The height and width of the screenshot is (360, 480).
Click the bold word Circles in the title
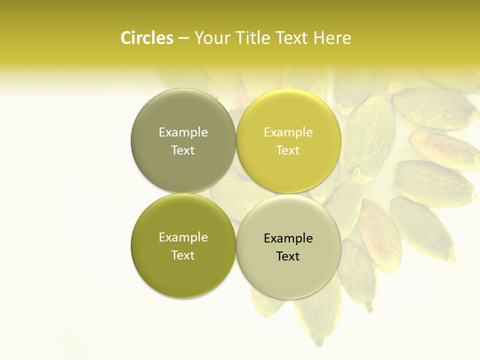146,38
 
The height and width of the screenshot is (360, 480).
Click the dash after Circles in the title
183,38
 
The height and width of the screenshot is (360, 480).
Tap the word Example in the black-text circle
288,238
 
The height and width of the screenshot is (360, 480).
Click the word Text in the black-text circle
288,256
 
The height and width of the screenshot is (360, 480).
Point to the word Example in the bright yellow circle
288,132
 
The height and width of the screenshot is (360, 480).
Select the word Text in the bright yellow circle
288,150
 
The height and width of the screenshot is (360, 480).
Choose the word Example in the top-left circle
183,132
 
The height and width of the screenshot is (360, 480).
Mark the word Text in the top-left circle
183,150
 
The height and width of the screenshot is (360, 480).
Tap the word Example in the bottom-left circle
183,237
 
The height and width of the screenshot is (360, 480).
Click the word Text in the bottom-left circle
183,255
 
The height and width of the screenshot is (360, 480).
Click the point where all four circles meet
236,193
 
